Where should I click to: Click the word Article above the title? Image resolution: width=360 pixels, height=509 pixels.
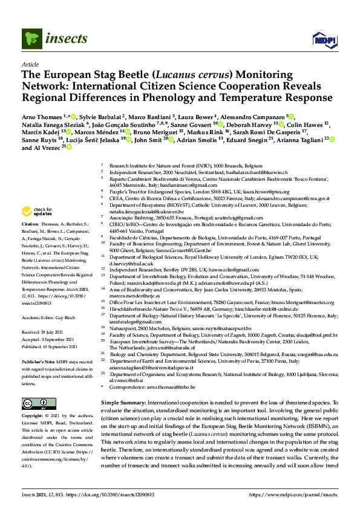click(30, 63)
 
